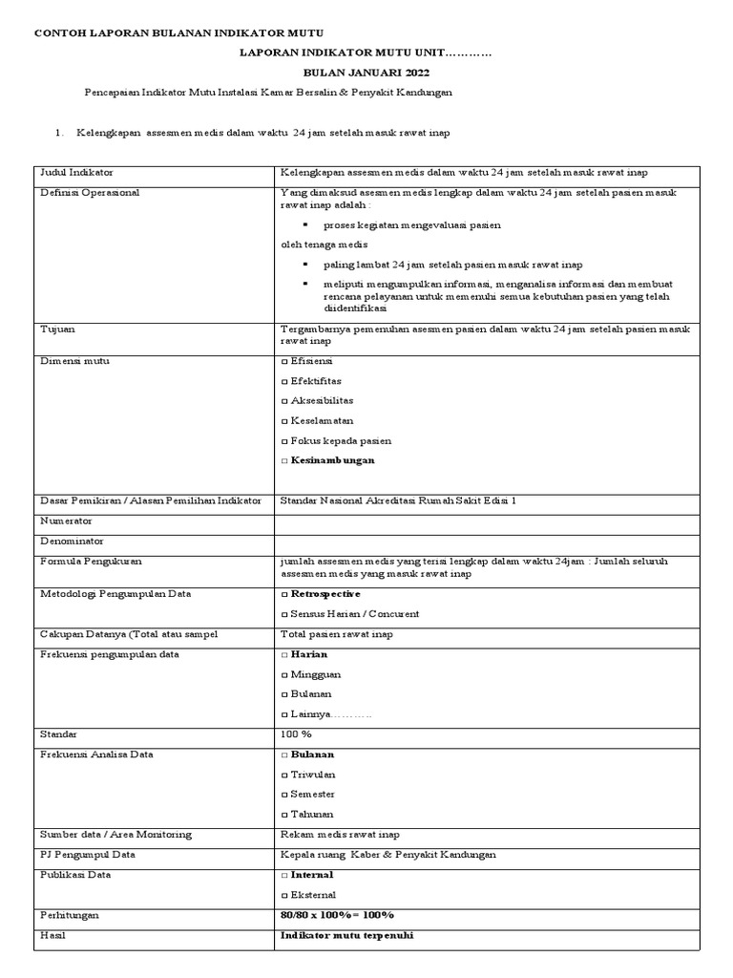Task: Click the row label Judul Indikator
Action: [x=75, y=173]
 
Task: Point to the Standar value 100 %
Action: [x=296, y=734]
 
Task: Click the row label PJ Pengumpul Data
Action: [x=87, y=855]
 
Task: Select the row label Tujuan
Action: [x=57, y=329]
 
